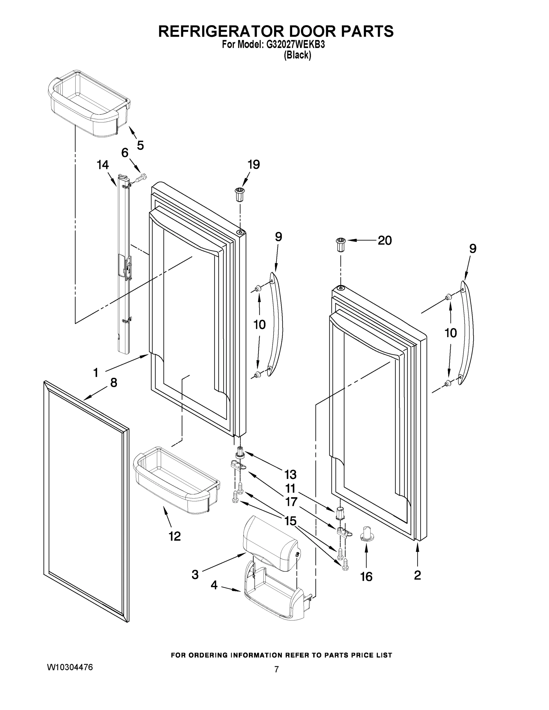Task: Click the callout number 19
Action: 254,164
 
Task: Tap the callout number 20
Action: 384,241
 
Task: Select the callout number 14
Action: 103,165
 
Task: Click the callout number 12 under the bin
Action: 174,536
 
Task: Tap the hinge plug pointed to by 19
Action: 240,194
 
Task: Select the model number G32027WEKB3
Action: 295,45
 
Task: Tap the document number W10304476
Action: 70,667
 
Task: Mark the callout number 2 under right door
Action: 417,575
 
